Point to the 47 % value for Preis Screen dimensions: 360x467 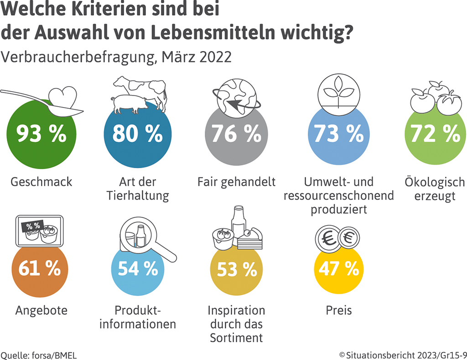coord(338,269)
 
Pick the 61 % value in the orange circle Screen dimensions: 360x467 coord(40,269)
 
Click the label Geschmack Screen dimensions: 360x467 coord(42,182)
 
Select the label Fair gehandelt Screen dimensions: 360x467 coord(236,182)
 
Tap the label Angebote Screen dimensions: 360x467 coord(42,311)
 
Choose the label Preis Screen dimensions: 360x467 coord(338,311)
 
